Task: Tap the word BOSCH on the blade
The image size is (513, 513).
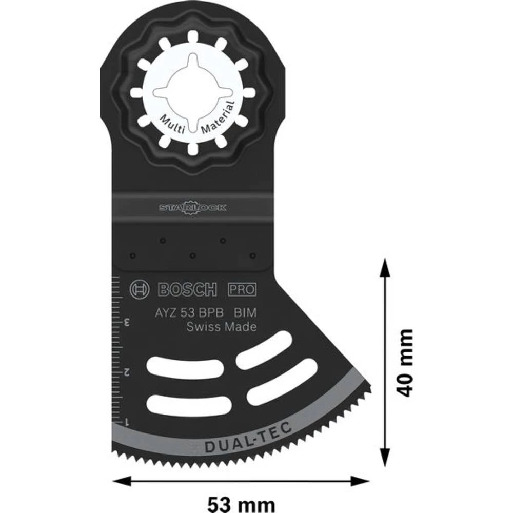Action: click(187, 290)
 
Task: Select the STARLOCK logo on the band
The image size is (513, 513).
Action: click(192, 208)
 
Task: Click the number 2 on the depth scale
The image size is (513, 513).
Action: click(125, 371)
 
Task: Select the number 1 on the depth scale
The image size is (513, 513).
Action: click(125, 420)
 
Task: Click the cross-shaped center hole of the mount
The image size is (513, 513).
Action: click(191, 92)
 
